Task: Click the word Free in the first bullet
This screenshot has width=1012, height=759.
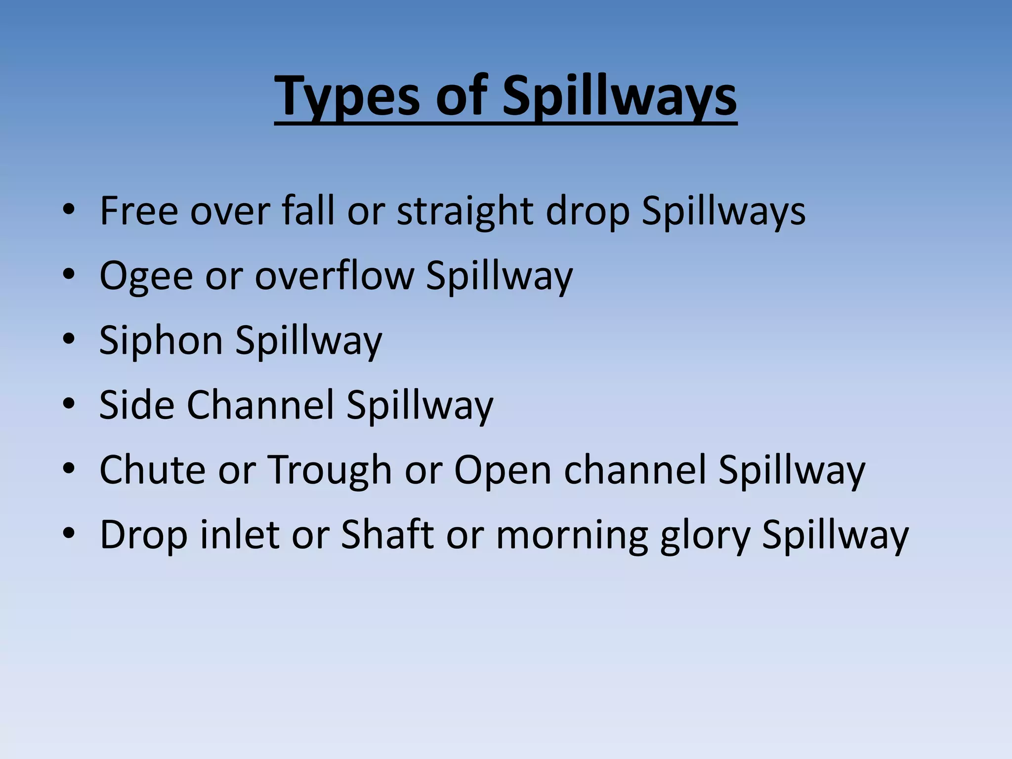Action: (x=139, y=211)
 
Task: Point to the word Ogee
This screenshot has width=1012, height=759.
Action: (x=146, y=276)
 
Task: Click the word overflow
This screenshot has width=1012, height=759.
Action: (x=335, y=276)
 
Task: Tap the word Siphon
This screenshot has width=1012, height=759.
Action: (x=161, y=340)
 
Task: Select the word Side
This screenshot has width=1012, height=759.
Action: (x=137, y=405)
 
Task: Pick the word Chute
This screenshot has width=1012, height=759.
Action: (x=152, y=470)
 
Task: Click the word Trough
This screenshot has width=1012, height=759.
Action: (x=330, y=470)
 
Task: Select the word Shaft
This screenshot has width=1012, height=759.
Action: (x=387, y=535)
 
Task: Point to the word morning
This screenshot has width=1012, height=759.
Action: (x=572, y=536)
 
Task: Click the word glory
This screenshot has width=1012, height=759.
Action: (x=705, y=536)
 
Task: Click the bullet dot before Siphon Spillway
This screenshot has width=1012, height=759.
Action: (x=69, y=340)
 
